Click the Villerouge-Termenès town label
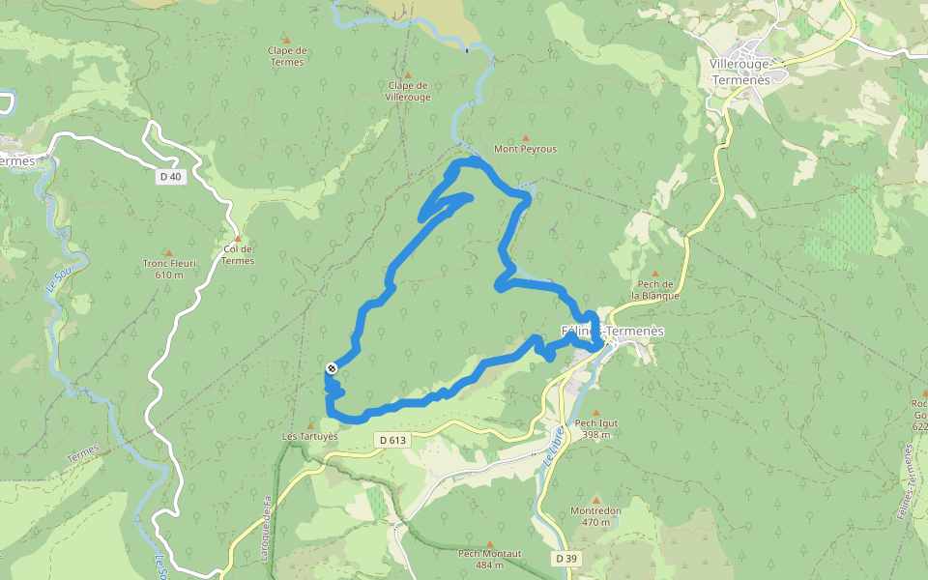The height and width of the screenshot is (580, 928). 739,72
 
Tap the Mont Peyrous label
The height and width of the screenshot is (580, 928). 525,149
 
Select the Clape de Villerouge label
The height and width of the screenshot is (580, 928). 407,91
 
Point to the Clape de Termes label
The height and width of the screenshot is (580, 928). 286,56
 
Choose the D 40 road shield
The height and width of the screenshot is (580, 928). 170,176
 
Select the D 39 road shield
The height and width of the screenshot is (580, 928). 566,559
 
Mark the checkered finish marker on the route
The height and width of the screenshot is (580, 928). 332,368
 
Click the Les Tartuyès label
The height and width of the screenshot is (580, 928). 309,436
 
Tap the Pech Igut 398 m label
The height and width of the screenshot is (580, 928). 595,428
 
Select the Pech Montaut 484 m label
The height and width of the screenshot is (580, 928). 490,559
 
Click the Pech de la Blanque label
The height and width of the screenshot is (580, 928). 655,290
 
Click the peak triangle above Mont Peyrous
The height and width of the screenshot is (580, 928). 526,137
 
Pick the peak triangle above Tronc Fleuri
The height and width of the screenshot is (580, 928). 168,252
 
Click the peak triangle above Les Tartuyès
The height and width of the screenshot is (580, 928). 309,423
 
